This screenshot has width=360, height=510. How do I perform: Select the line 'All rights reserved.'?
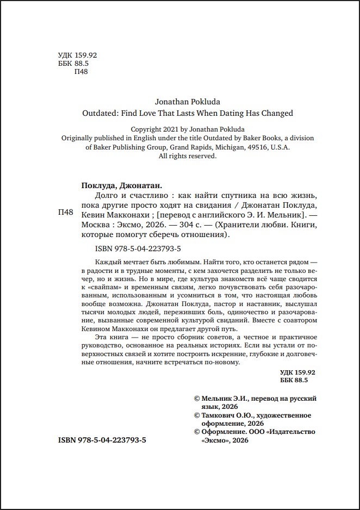[x=187, y=156]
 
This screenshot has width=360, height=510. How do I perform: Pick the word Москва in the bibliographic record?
[x=91, y=224]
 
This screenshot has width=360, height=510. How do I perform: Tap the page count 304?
[x=175, y=224]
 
